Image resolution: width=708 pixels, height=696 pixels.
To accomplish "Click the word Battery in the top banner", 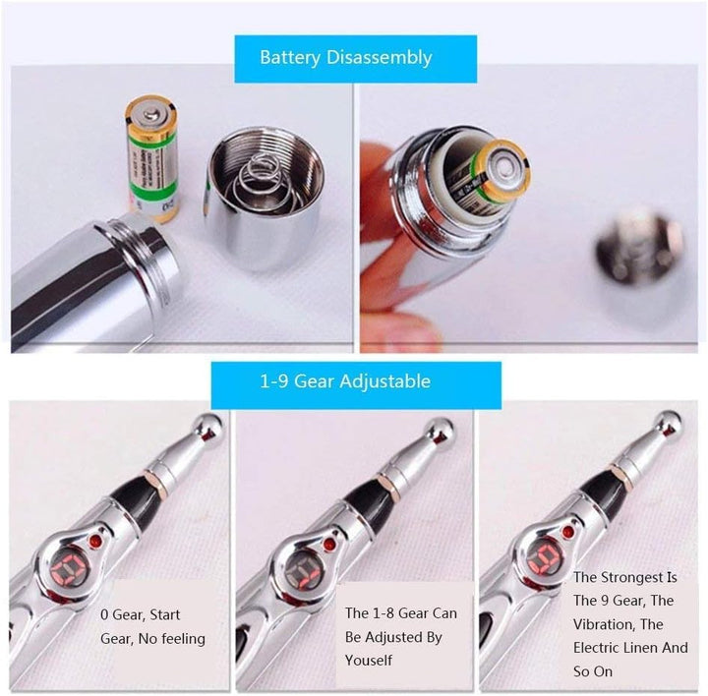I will (289, 57).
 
